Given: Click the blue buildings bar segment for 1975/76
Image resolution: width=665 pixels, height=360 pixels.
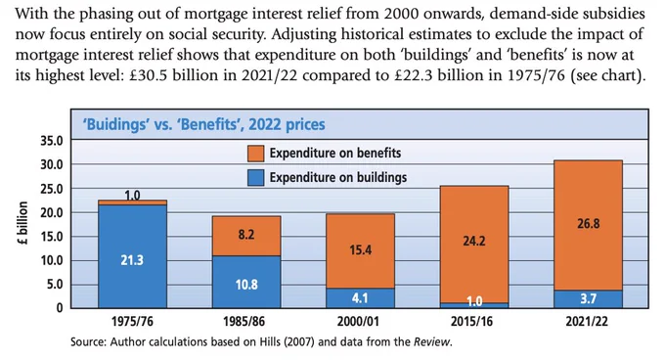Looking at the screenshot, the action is click(x=132, y=256).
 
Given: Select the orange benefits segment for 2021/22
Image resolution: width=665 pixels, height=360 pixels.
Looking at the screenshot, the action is click(x=589, y=225).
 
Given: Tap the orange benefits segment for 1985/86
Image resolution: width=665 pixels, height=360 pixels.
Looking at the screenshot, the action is click(x=246, y=236).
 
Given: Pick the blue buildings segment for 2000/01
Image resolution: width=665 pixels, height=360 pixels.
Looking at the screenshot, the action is click(x=360, y=298).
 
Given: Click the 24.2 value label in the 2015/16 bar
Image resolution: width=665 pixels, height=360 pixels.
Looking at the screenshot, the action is click(x=474, y=241).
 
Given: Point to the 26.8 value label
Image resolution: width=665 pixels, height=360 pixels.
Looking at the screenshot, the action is click(x=589, y=223).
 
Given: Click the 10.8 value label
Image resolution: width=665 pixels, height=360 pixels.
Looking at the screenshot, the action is click(x=246, y=284).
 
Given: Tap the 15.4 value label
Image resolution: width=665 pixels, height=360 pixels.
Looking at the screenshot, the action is click(x=361, y=249).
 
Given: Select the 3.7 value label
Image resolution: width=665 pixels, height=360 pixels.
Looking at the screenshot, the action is click(x=589, y=299).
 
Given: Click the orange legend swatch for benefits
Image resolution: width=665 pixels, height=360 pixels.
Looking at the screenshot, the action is click(x=256, y=154).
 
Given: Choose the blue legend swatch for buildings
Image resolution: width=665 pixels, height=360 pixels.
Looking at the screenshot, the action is click(x=256, y=178).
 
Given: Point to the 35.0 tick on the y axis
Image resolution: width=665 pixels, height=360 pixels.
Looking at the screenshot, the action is click(x=52, y=140).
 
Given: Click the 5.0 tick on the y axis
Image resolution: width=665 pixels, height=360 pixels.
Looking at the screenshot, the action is click(x=55, y=284).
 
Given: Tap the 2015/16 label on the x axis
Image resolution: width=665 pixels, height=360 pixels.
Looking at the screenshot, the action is click(x=471, y=321).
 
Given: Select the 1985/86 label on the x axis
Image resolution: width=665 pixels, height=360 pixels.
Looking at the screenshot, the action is click(x=244, y=321).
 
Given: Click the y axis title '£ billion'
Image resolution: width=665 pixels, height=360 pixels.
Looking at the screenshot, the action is click(x=22, y=223).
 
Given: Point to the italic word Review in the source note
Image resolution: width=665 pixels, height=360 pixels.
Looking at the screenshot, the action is click(x=431, y=341).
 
